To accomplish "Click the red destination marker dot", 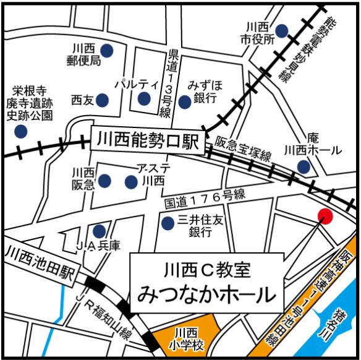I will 325,216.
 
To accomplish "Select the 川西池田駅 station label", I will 38,254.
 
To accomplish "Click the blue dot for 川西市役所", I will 282,30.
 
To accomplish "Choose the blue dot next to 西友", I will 103,99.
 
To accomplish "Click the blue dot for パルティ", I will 144,99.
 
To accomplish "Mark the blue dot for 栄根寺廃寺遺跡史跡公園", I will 21,131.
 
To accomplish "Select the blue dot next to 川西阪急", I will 104,180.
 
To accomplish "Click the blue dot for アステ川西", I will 130,182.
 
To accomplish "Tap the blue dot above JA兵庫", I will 99,231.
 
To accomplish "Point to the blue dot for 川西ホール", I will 304,166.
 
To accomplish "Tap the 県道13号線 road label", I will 165,82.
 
